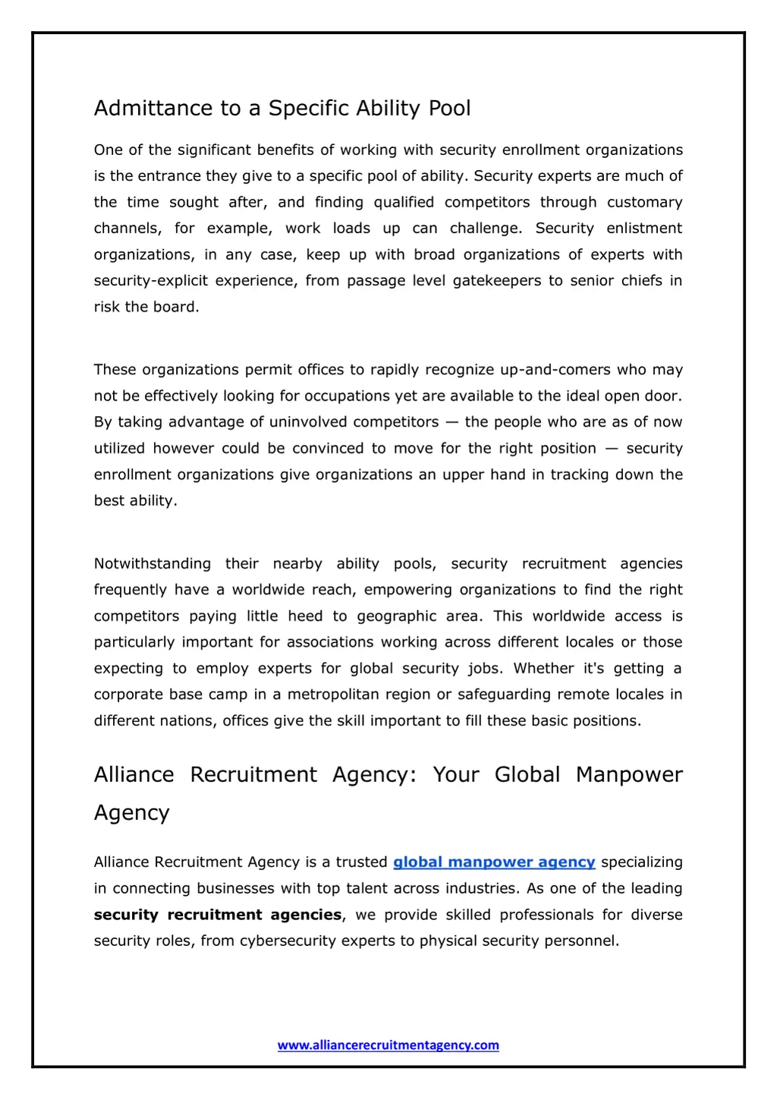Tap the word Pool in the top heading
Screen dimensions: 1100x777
click(x=450, y=109)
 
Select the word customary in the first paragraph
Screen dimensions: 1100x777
click(x=644, y=203)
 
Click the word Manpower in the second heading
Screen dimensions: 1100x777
click(x=629, y=775)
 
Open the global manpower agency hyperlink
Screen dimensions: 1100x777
click(x=494, y=862)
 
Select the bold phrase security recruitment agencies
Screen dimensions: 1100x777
click(x=218, y=915)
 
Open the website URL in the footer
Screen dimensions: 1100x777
click(x=388, y=1045)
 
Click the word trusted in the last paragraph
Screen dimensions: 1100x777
click(x=362, y=862)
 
